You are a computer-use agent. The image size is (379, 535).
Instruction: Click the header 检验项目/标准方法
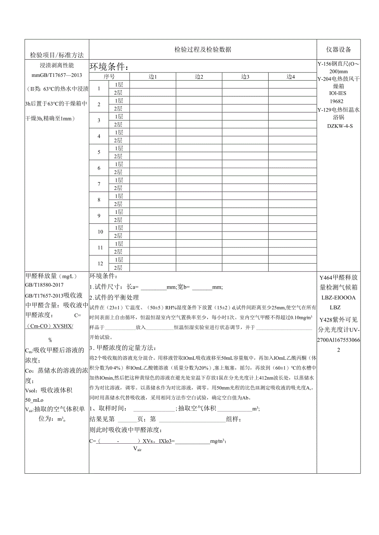57,55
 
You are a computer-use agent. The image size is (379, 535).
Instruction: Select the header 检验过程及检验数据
203,50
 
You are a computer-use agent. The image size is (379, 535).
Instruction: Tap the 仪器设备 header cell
339,50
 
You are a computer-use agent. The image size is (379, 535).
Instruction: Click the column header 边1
153,76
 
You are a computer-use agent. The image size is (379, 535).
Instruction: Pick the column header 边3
245,76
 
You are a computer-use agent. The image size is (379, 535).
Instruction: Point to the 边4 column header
291,76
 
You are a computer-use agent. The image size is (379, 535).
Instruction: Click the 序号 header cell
109,76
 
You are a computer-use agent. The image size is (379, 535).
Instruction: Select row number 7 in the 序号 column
99,184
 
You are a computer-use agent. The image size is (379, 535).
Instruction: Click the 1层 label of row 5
119,148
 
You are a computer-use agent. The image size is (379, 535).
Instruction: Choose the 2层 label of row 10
119,236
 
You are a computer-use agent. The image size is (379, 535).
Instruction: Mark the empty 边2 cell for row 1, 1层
199,84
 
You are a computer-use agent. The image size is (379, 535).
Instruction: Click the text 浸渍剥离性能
57,66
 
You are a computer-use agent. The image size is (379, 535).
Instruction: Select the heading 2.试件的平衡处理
114,297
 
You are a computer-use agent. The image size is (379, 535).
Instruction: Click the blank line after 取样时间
154,409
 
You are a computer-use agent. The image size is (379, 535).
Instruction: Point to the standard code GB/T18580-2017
45,285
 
